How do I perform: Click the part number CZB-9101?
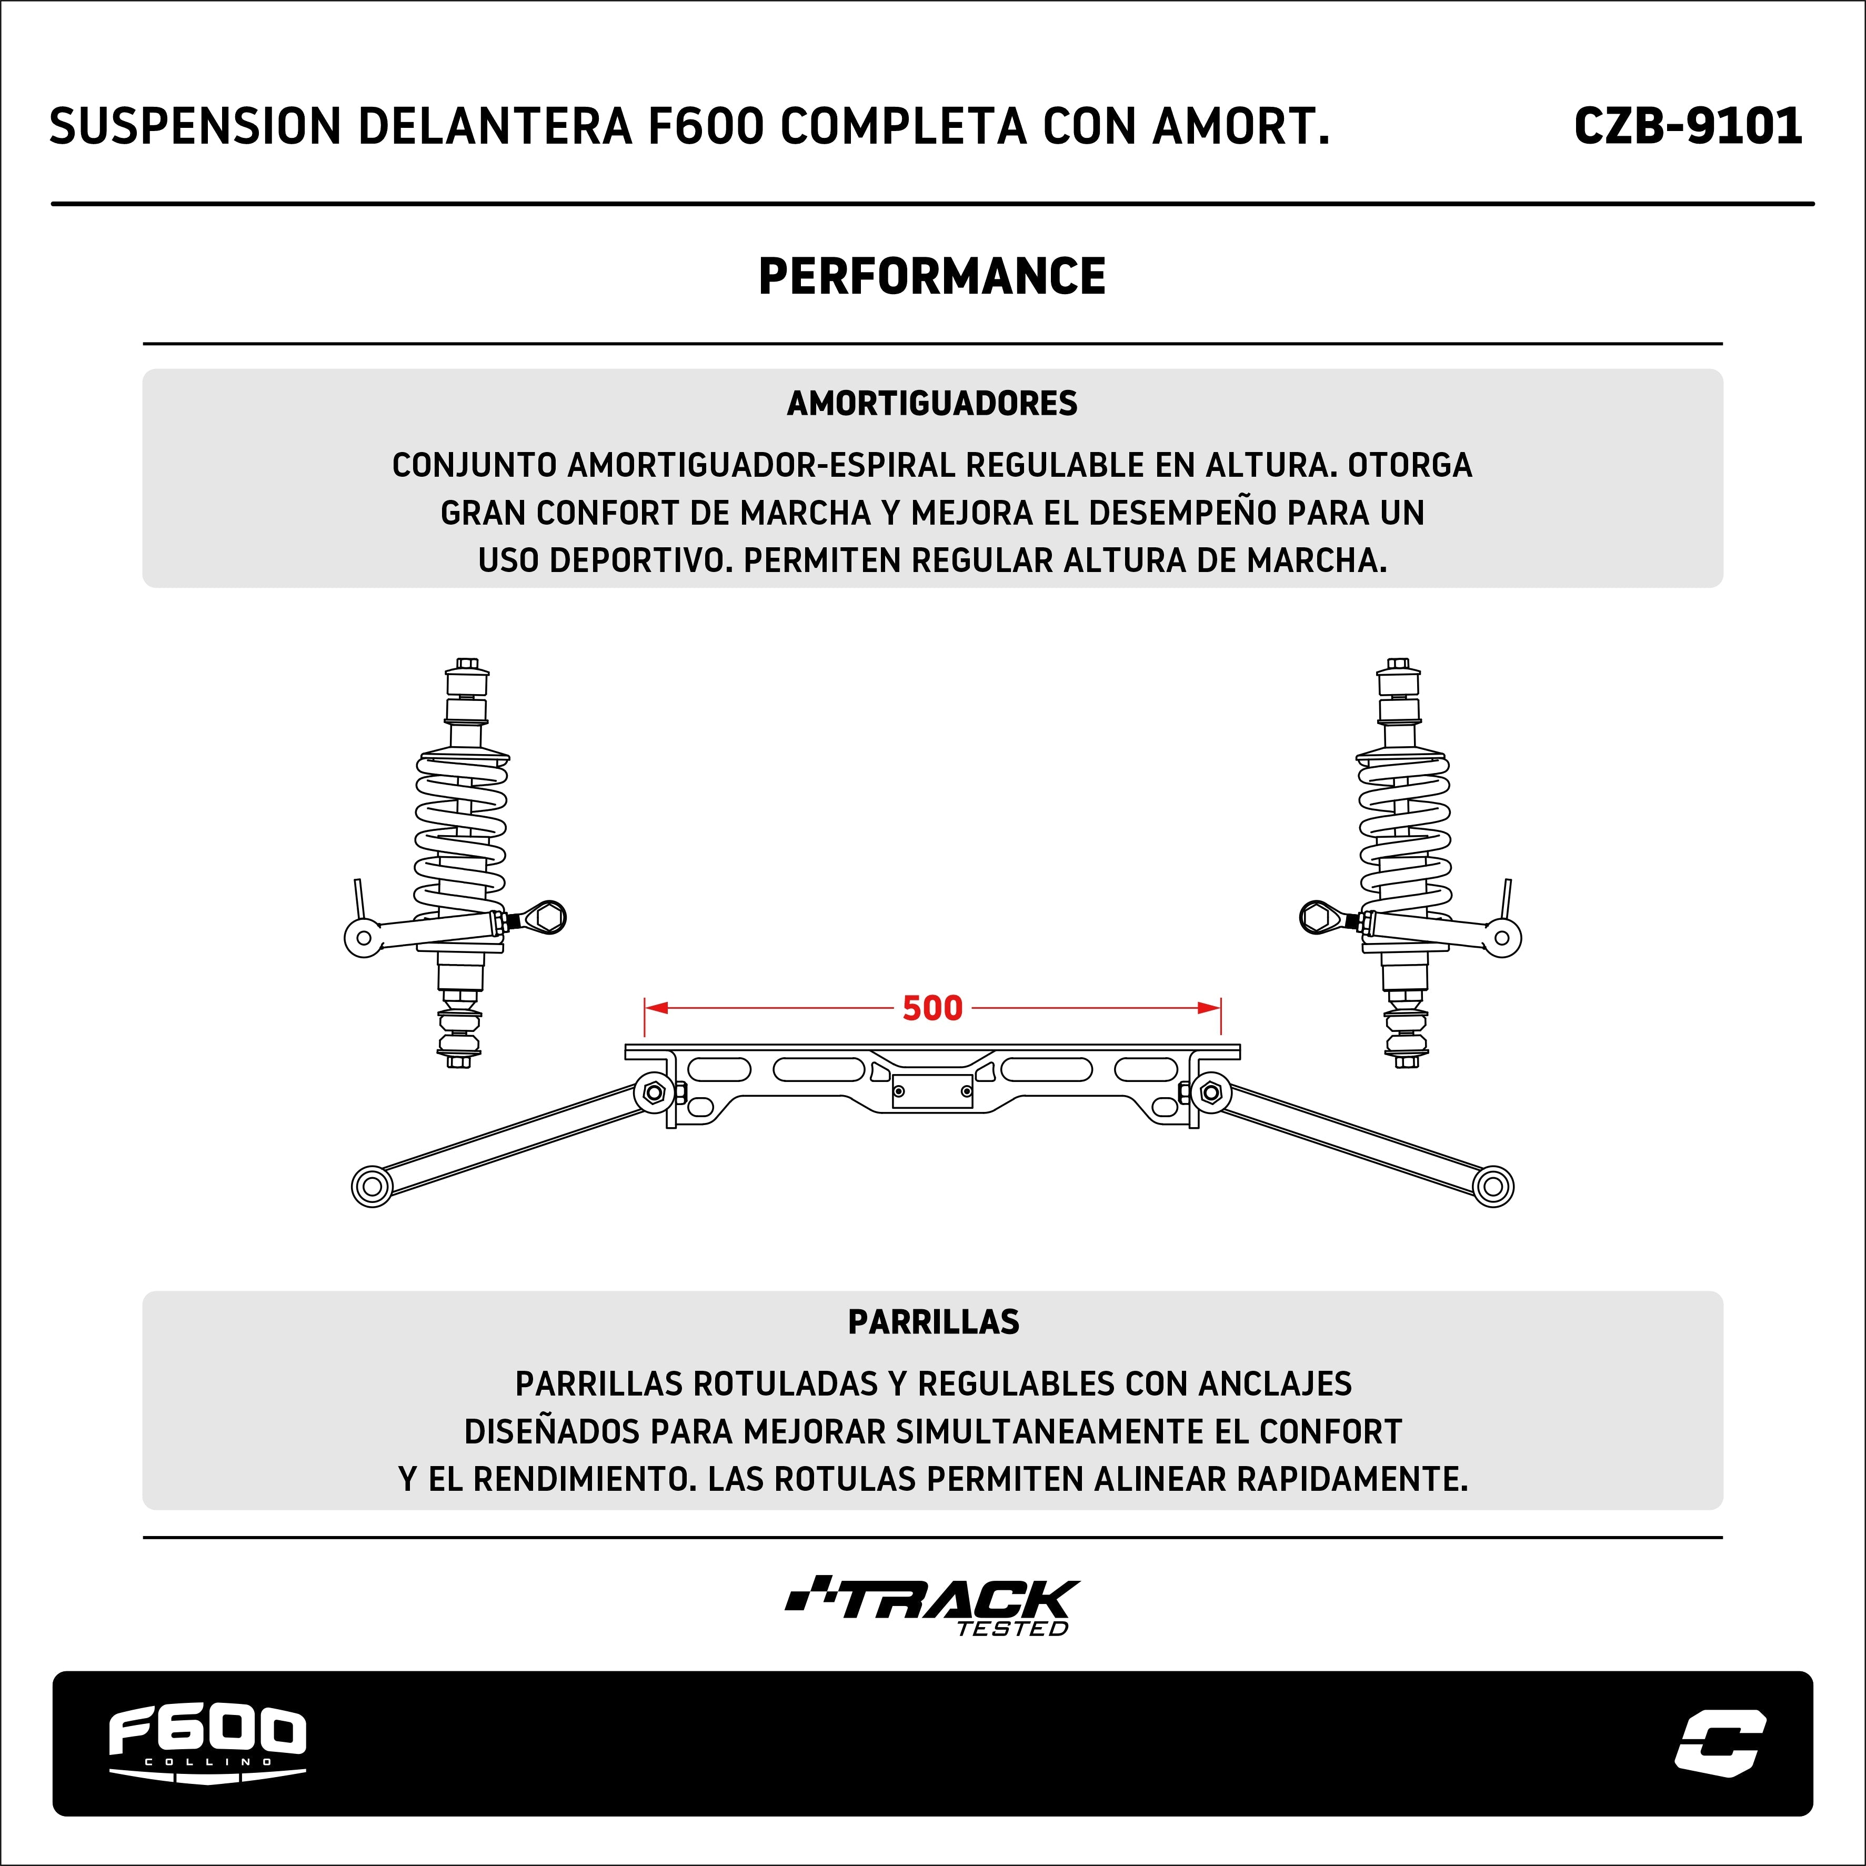pos(1687,126)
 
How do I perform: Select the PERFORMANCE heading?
pos(932,277)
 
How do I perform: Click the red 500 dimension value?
pos(932,1008)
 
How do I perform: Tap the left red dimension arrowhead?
pos(656,1008)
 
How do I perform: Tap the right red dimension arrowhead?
pos(1209,1008)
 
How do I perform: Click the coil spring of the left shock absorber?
pos(460,836)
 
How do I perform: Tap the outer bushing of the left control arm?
pos(372,1186)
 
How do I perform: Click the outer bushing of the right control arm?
pos(1493,1186)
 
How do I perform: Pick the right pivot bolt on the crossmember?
pos(1211,1092)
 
